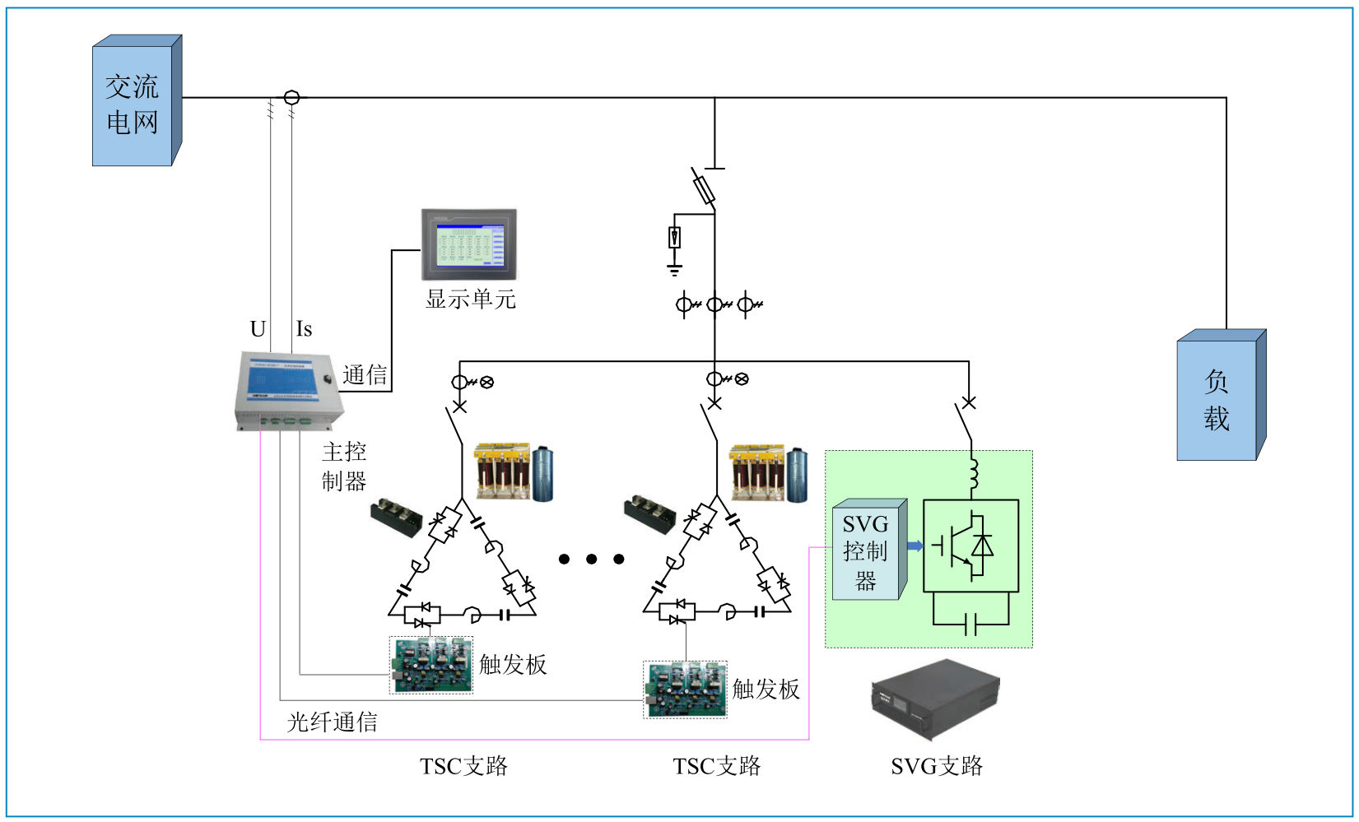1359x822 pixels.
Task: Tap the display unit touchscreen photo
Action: (469, 244)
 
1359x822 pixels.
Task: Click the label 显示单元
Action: (470, 299)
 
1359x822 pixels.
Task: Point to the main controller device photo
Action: (289, 391)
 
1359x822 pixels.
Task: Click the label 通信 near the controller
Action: (365, 375)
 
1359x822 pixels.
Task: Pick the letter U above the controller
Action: (258, 329)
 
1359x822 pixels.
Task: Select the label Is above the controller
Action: (304, 329)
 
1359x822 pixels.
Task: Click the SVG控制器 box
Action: (866, 551)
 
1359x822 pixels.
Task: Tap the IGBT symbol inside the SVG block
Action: (970, 546)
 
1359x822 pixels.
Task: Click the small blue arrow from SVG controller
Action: (915, 546)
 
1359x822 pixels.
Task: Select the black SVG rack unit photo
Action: (934, 699)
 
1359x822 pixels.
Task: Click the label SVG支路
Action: (936, 766)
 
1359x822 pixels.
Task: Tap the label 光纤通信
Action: (332, 722)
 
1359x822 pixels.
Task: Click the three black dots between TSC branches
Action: (591, 560)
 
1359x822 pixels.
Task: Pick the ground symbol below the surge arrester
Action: (674, 270)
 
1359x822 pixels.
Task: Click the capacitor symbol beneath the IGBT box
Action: (970, 624)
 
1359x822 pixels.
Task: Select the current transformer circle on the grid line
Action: (291, 98)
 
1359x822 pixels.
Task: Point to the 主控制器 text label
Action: (344, 466)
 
